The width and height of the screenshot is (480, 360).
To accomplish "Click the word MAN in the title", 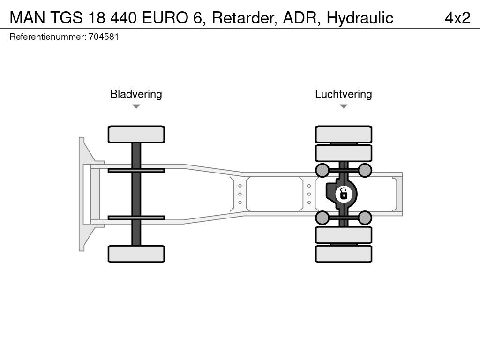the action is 27,18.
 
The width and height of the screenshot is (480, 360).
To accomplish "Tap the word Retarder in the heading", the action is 245,18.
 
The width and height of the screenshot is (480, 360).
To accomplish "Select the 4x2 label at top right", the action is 457,18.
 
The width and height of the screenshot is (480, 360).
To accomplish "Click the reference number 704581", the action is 104,37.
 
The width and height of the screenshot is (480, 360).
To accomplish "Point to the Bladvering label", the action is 136,94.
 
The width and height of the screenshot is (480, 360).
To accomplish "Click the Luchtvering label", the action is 344,94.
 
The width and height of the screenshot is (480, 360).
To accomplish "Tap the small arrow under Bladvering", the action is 136,106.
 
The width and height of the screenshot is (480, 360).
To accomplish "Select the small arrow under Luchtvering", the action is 344,106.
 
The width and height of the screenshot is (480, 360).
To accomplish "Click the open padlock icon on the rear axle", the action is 344,194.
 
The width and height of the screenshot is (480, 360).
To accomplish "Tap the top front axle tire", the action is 136,135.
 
